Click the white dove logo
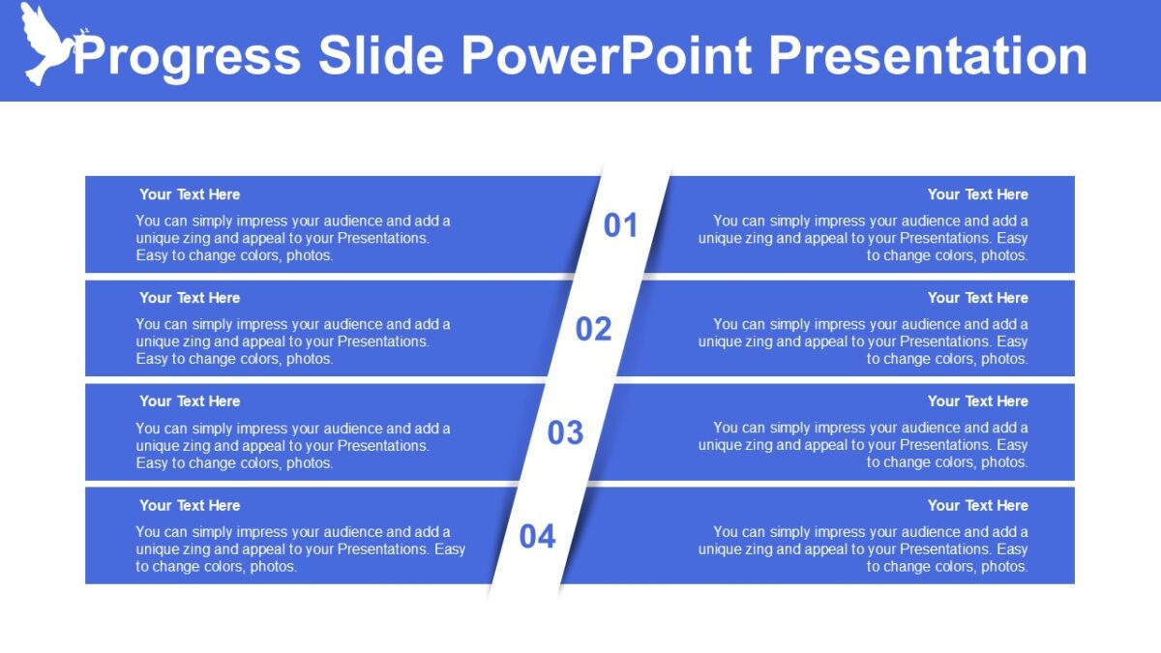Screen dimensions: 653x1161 tap(46, 43)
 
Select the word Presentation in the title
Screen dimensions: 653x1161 tap(928, 55)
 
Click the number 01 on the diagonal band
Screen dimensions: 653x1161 tap(621, 225)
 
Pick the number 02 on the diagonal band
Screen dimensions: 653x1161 tap(594, 329)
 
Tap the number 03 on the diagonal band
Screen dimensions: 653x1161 tap(566, 432)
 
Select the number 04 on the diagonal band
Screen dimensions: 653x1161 tap(538, 536)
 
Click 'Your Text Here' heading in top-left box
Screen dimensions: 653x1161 tap(190, 194)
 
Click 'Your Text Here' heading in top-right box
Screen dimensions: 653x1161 tap(977, 194)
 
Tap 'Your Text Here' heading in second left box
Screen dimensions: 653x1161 tap(190, 298)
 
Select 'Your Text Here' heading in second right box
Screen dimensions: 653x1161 tap(977, 298)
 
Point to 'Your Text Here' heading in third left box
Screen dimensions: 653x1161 tap(190, 401)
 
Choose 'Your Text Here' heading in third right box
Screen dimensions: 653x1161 tap(977, 401)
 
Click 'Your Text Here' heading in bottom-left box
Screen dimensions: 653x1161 tap(190, 505)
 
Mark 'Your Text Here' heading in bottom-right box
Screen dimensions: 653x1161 tap(977, 505)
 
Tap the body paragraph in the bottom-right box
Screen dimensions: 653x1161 tap(863, 549)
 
